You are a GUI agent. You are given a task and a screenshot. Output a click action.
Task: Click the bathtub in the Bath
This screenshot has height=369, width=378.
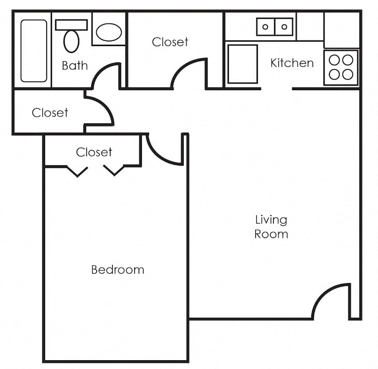(34, 51)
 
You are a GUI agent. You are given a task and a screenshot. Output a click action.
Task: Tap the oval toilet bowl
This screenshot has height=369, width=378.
(71, 41)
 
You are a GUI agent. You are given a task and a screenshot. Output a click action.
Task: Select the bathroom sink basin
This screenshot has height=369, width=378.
(109, 33)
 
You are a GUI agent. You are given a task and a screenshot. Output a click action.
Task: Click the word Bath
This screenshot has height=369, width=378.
(75, 66)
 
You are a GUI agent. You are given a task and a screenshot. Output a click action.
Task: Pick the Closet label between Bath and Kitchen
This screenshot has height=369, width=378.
(170, 42)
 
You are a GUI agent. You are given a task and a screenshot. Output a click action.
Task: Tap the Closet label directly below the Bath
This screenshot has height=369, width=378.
(50, 112)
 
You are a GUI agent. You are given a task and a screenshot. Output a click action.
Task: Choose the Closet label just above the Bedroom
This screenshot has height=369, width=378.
(94, 152)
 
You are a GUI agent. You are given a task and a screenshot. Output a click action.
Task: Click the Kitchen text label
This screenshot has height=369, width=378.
(292, 63)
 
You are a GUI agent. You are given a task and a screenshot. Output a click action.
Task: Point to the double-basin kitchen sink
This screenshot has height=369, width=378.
(275, 26)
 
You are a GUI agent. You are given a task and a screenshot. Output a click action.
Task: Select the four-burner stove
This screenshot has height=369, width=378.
(341, 67)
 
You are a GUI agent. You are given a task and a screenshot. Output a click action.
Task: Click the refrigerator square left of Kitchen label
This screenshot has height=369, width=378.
(242, 64)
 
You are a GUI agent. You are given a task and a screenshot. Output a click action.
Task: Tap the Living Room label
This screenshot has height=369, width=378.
(271, 226)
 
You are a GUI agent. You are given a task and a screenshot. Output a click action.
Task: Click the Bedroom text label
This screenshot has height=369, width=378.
(118, 269)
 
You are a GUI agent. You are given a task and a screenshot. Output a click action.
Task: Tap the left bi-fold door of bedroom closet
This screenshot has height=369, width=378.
(77, 171)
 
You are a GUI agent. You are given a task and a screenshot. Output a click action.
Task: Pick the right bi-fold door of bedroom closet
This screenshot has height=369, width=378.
(113, 170)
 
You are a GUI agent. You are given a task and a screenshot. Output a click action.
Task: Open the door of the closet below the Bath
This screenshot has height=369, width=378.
(100, 110)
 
